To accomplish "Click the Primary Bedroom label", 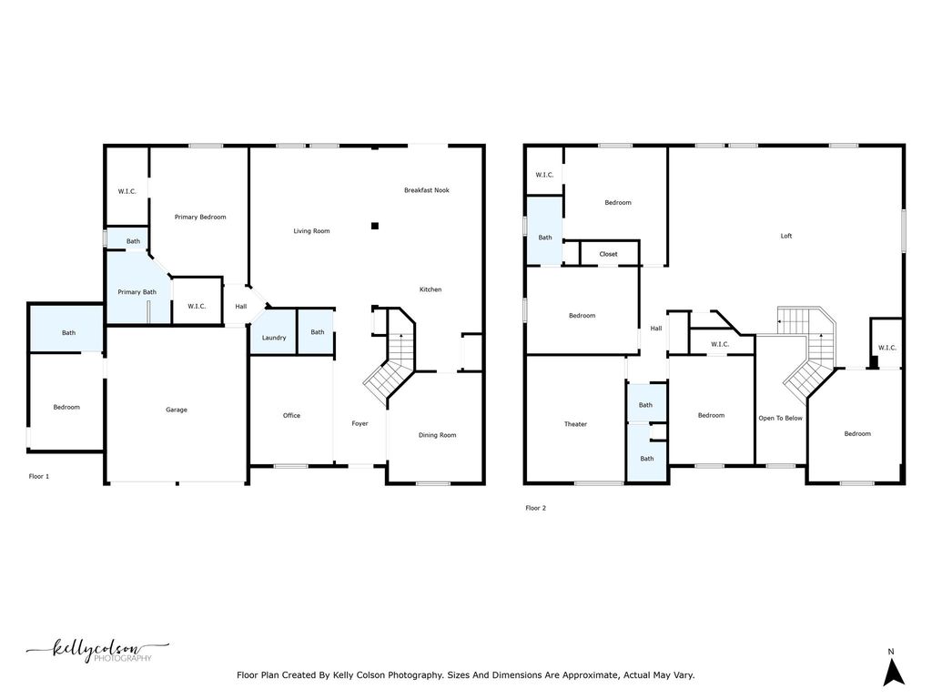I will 200,217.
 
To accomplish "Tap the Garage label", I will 177,410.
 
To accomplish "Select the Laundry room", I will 274,338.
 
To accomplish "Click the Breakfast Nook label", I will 427,190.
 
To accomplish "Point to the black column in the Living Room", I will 374,226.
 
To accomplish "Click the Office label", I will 291,416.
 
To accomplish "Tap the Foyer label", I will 360,423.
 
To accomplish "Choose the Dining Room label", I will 437,435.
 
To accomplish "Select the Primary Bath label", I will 137,291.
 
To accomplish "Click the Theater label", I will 575,424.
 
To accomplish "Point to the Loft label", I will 786,236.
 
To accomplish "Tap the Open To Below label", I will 781,418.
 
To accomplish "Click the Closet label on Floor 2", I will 608,254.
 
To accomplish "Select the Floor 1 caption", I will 39,476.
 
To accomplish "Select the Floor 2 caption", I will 536,508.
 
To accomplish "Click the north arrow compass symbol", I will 894,672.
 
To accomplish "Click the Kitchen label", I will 431,289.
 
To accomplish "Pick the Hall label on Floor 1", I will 241,306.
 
